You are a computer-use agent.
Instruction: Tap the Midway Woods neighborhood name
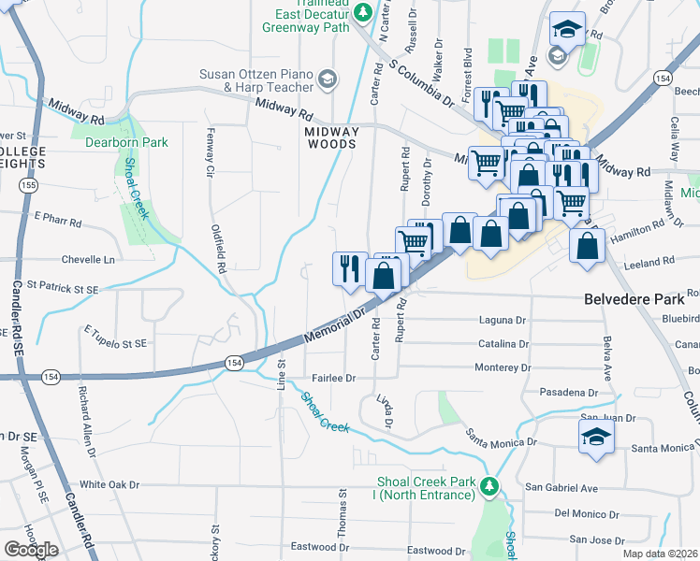click(x=330, y=138)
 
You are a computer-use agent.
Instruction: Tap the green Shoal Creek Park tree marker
click(x=488, y=485)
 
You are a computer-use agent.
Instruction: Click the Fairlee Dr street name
click(x=334, y=378)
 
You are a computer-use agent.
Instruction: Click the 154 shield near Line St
click(x=233, y=362)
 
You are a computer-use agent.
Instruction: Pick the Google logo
click(x=31, y=550)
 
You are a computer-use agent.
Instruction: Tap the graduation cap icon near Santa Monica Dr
click(x=596, y=437)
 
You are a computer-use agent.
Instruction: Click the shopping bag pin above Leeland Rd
click(x=587, y=247)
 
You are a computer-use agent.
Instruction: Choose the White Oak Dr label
click(x=109, y=484)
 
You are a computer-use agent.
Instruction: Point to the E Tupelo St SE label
click(x=115, y=337)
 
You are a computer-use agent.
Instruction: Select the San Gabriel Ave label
click(x=561, y=487)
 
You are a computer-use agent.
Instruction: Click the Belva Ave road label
click(x=607, y=353)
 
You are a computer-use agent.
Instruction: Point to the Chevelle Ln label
click(x=88, y=259)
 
